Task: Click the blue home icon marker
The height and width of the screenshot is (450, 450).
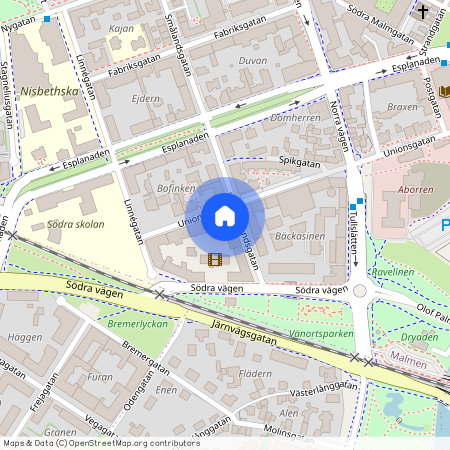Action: pos(225,215)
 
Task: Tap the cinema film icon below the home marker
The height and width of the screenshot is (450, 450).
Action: pos(214,259)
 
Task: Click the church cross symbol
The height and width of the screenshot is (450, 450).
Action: pos(424,12)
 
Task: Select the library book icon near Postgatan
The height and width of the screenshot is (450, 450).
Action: pos(442,91)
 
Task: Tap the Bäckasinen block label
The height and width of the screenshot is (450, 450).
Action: pos(299,237)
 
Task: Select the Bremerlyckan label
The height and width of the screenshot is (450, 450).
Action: pos(137,324)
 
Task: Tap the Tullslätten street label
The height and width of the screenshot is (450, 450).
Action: pos(352,240)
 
